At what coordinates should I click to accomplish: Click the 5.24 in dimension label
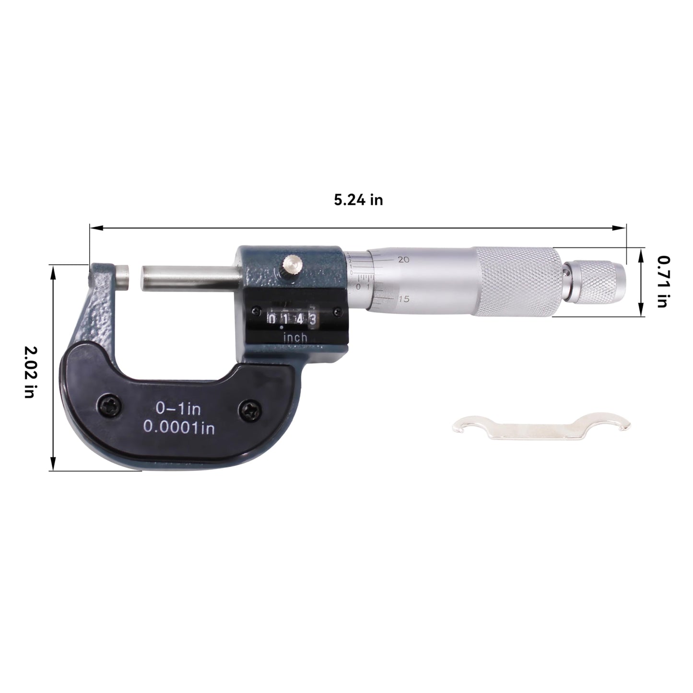click(358, 200)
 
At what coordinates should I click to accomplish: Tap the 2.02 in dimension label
click(30, 372)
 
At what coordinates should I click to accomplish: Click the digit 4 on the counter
click(299, 318)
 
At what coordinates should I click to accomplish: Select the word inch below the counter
click(295, 338)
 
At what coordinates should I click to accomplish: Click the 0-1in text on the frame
click(177, 409)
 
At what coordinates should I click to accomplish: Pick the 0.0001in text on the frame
click(179, 428)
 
